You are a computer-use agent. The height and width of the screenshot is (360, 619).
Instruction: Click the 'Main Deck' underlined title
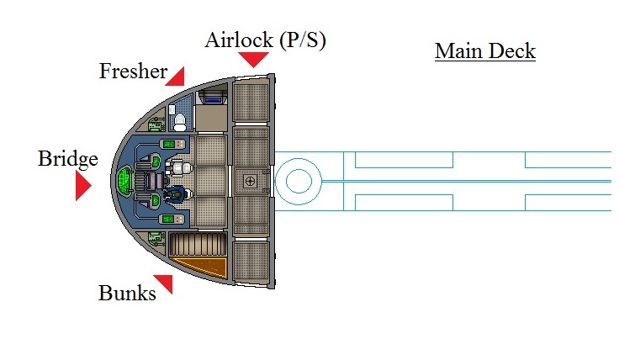point(485,51)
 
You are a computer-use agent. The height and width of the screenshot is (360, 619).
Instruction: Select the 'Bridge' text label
point(68,159)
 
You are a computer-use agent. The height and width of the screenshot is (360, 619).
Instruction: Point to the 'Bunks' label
point(127,294)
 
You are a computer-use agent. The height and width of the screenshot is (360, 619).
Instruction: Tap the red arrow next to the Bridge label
point(82,186)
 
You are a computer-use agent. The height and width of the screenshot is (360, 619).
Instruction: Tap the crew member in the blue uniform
point(178,194)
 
